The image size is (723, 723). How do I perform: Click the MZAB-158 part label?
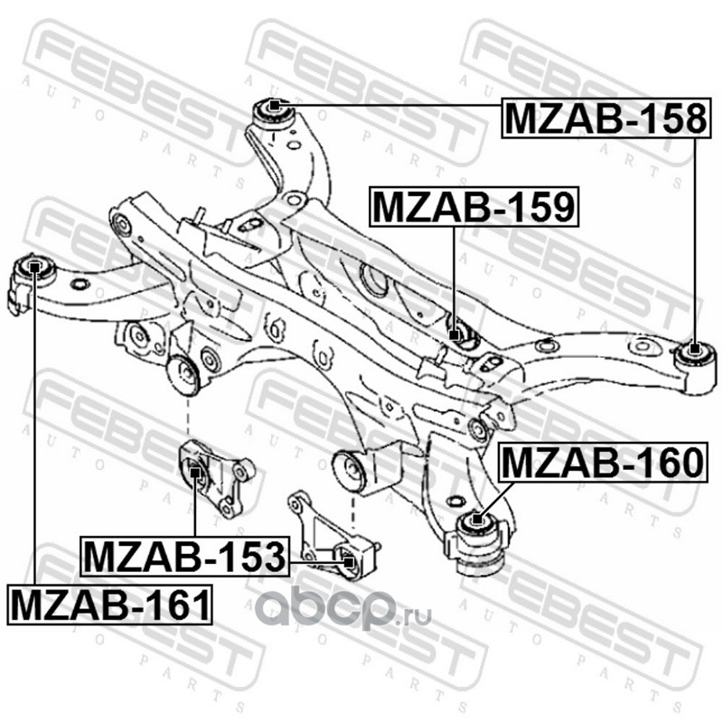tap(604, 117)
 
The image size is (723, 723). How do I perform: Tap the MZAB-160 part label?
tap(601, 463)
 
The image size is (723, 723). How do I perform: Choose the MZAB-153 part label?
tap(184, 557)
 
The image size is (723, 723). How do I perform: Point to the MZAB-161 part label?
tap(110, 603)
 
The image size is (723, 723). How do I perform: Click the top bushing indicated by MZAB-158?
tap(275, 111)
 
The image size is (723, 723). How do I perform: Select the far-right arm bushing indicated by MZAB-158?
tap(693, 350)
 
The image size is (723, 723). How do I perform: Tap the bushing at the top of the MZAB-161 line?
tap(34, 267)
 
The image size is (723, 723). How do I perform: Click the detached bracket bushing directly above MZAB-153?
tap(195, 472)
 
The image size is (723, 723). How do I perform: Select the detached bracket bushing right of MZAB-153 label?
tap(346, 560)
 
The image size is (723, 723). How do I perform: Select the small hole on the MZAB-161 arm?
tap(79, 286)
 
